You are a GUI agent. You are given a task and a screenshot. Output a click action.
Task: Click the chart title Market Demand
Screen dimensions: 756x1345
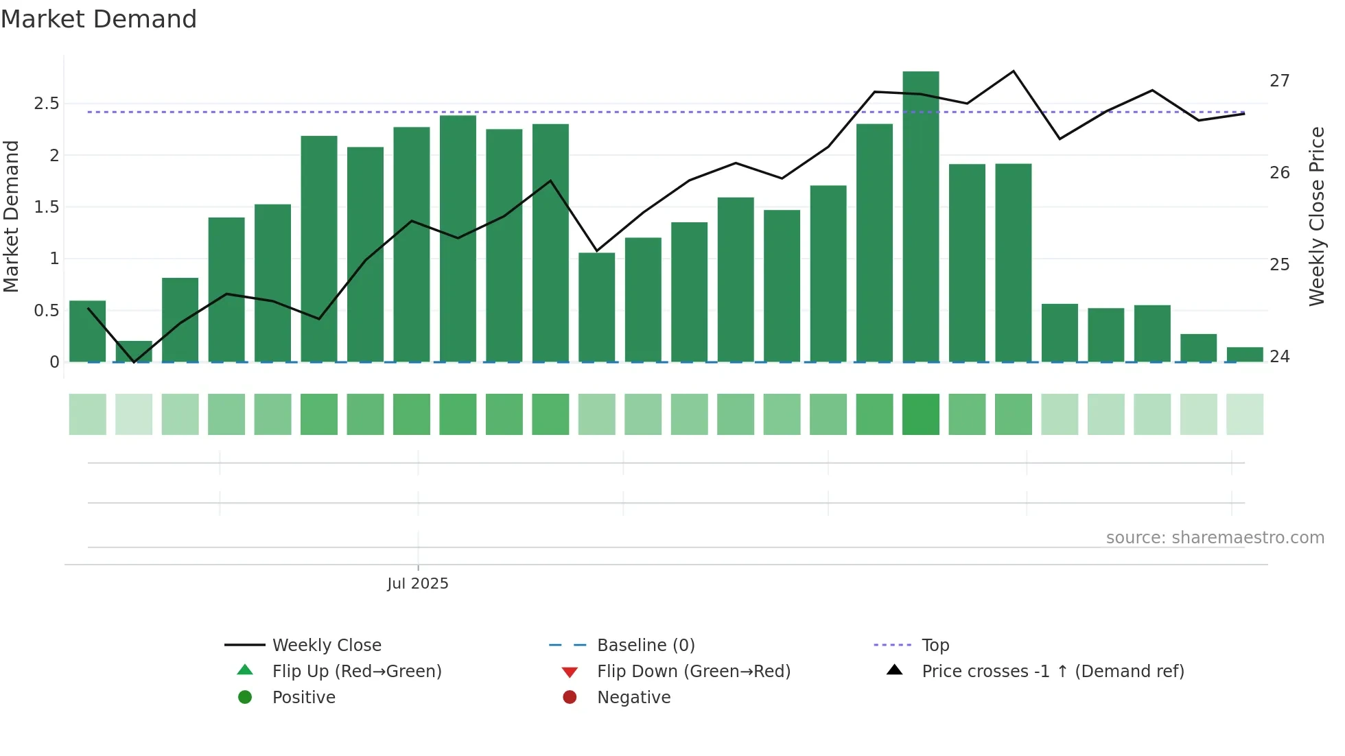(99, 19)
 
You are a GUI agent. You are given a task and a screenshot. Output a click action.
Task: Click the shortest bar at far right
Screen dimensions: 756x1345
(1245, 355)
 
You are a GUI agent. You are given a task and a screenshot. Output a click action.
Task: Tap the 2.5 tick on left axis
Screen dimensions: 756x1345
(47, 104)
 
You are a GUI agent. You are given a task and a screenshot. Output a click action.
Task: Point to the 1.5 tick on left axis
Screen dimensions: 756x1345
(47, 207)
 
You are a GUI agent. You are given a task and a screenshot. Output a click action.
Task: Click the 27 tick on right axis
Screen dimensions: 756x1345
(1279, 81)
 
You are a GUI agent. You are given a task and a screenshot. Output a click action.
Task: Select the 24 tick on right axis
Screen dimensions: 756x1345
(1279, 357)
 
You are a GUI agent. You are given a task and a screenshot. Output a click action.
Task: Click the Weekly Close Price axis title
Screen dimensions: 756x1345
(1316, 216)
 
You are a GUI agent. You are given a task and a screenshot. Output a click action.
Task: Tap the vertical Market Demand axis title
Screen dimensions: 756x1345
(12, 216)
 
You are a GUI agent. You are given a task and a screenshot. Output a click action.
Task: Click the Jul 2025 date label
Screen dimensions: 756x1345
(417, 584)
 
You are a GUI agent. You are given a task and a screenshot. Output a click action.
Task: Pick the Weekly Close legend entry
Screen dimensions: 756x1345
(326, 646)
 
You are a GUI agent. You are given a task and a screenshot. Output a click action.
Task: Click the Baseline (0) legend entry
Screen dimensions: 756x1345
(645, 646)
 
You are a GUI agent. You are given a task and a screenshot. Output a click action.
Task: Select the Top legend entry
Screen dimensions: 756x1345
(935, 646)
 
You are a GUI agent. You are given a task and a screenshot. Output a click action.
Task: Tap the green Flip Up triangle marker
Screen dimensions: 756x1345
(245, 670)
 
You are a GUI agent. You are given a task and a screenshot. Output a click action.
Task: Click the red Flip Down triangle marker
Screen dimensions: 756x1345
(570, 672)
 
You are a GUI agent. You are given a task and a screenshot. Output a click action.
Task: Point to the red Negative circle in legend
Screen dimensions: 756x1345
(570, 698)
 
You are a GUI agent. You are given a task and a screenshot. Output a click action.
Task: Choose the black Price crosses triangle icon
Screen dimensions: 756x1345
(894, 670)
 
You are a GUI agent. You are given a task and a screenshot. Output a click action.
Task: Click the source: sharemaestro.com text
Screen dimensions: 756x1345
(1215, 538)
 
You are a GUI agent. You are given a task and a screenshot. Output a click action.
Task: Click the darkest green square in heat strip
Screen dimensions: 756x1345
(920, 414)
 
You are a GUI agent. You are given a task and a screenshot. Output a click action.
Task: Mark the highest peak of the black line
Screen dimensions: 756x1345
(1014, 71)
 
